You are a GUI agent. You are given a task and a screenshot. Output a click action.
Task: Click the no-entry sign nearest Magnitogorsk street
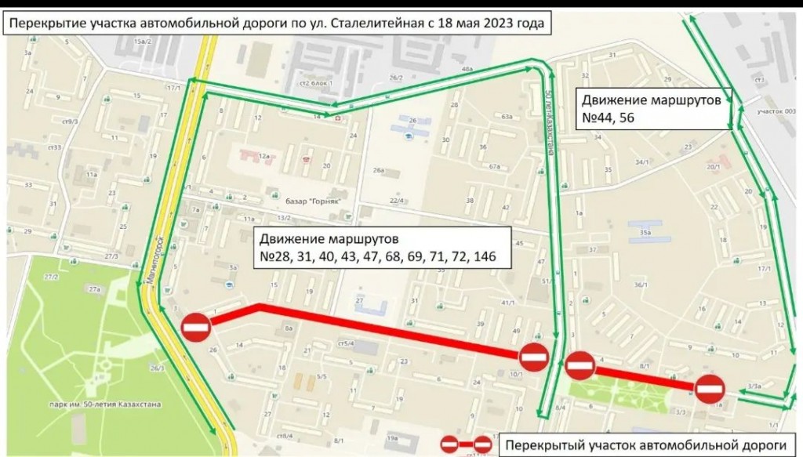tap(195, 327)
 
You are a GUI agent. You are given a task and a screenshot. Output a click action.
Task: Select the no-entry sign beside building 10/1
tap(533, 357)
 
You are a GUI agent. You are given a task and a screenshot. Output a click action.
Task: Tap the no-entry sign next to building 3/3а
tap(710, 389)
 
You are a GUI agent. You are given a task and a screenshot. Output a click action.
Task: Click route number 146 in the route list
tap(485, 256)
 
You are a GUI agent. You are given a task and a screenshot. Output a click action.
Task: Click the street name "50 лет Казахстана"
tap(548, 122)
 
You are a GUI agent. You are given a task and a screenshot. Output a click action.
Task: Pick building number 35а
tap(645, 233)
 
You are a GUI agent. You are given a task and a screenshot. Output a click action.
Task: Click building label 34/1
tap(643, 161)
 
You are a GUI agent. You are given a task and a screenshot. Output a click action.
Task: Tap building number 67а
tap(494, 166)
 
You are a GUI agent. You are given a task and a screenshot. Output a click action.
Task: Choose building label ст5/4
tap(346, 343)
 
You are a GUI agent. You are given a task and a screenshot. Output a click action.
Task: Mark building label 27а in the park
tap(96, 290)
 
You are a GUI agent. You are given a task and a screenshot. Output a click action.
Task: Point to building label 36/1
tap(641, 285)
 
